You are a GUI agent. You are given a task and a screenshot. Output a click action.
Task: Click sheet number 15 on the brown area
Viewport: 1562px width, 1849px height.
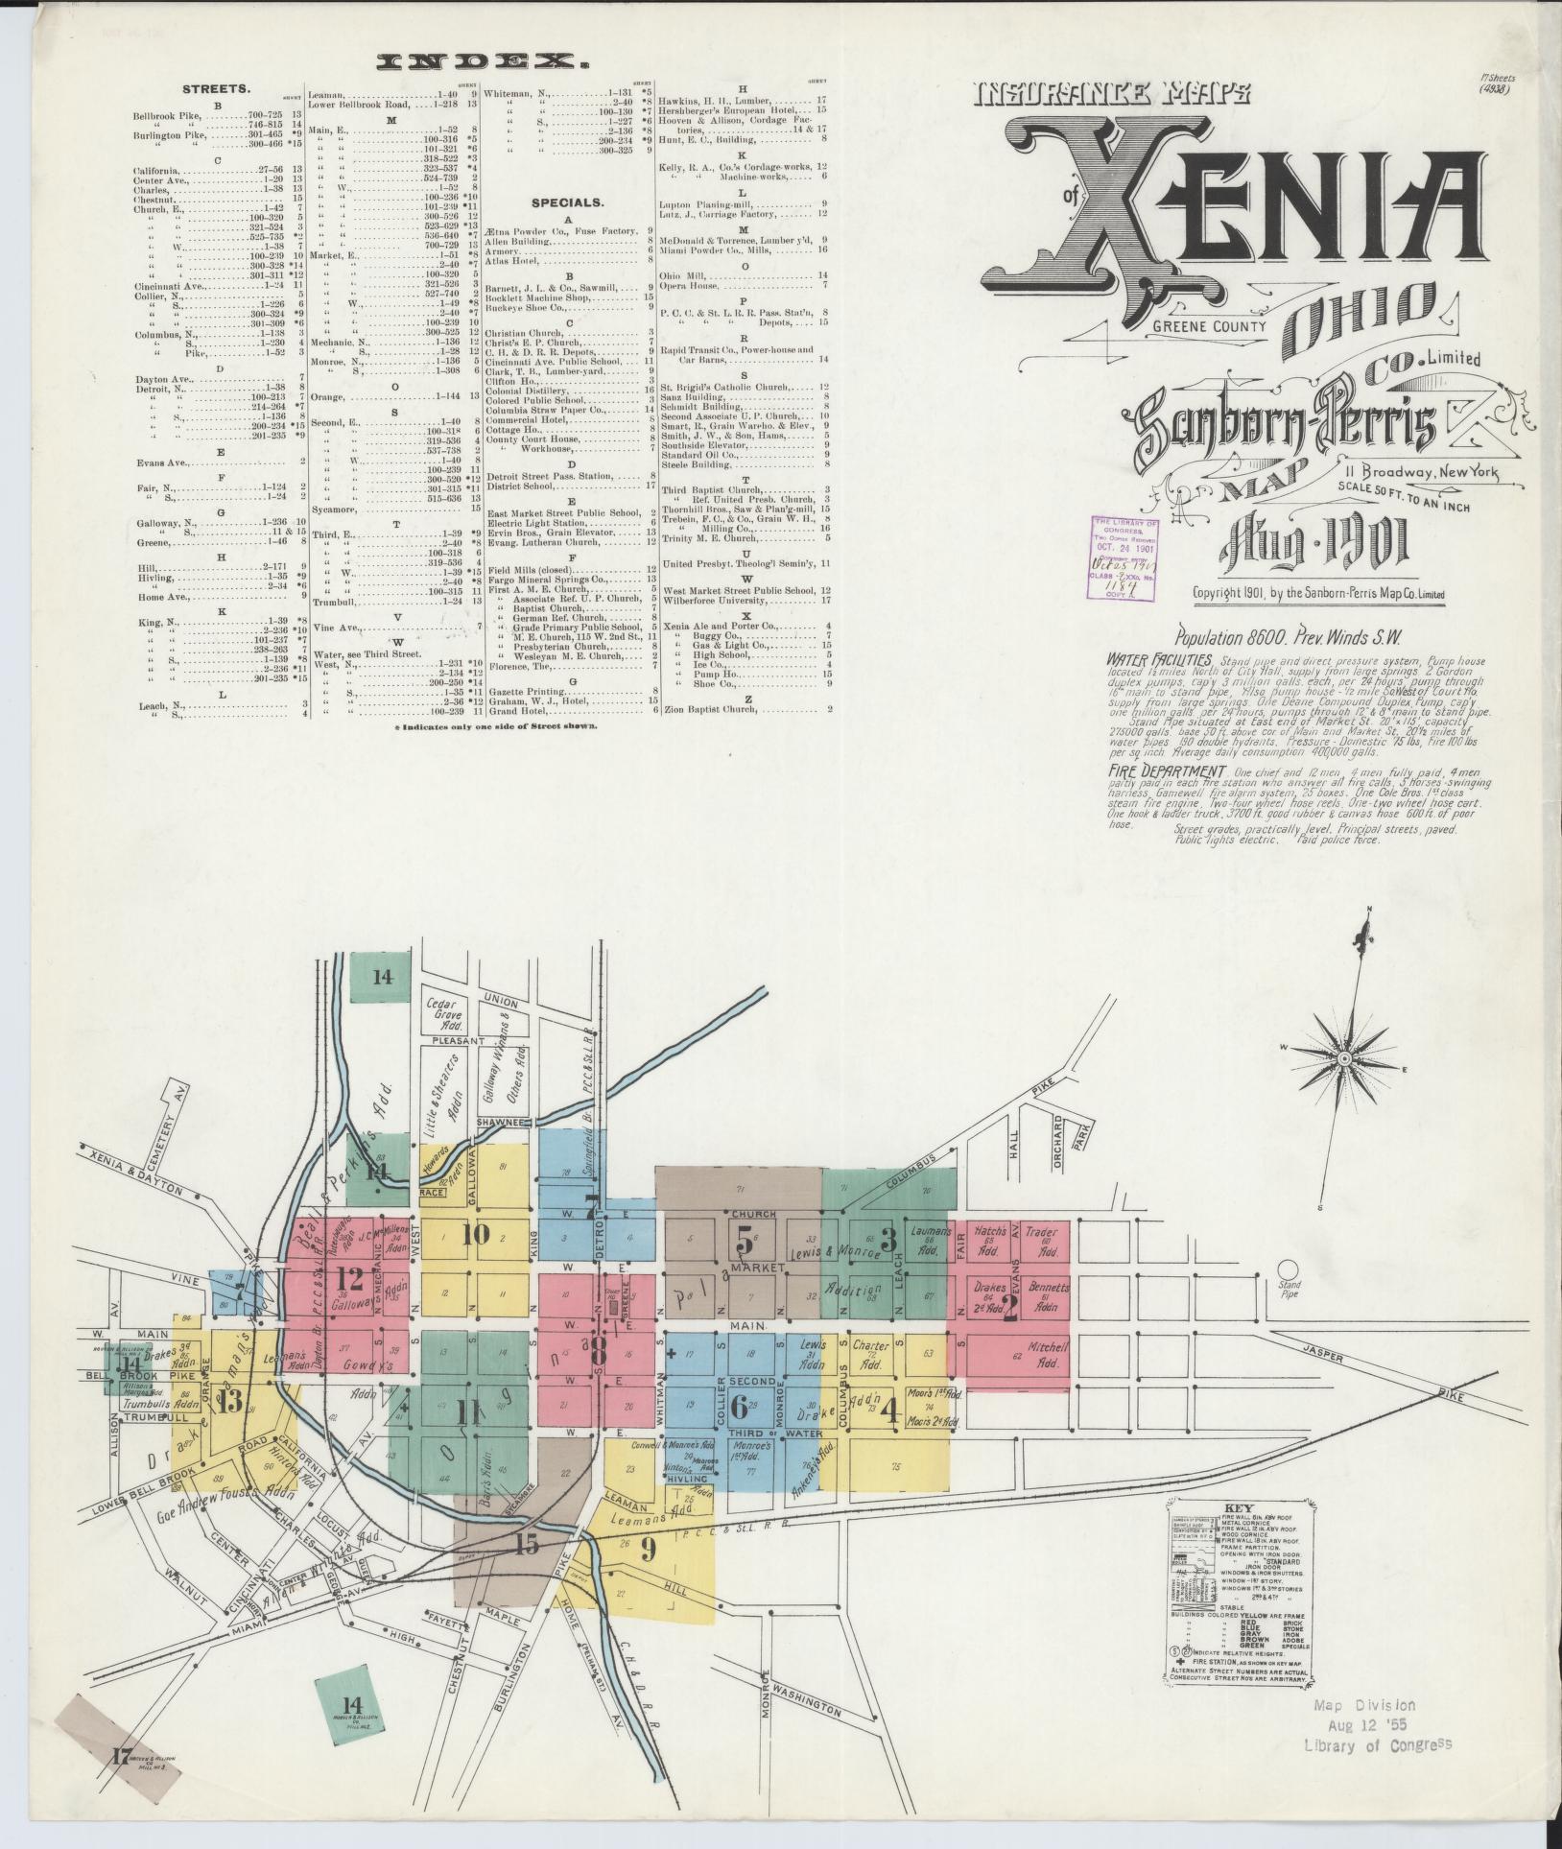pos(526,1544)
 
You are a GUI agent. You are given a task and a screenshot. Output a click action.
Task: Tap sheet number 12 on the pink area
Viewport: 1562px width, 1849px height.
pos(350,1279)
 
